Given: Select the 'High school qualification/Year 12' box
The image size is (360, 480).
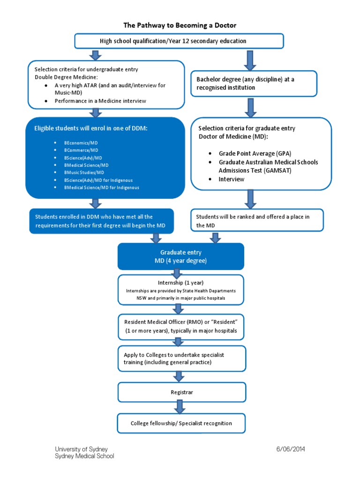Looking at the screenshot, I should pyautogui.click(x=179, y=41).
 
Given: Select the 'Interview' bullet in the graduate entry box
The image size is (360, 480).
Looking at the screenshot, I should pyautogui.click(x=232, y=179).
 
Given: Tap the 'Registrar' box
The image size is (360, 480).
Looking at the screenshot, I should pyautogui.click(x=181, y=392).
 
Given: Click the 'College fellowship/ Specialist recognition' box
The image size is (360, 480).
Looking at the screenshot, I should pyautogui.click(x=181, y=423).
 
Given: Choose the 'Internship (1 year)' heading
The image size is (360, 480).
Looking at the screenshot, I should pyautogui.click(x=181, y=283).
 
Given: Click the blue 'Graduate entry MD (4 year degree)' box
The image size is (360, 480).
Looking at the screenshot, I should pyautogui.click(x=181, y=256).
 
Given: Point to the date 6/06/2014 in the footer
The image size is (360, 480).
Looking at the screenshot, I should pyautogui.click(x=291, y=449).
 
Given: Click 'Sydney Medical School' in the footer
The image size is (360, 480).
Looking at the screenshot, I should pyautogui.click(x=84, y=456).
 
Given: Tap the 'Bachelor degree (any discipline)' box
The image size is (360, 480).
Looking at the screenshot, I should pyautogui.click(x=254, y=83).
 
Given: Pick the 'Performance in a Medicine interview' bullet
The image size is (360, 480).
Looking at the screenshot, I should pyautogui.click(x=100, y=101).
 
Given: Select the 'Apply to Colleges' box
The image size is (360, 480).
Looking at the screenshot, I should pyautogui.click(x=181, y=359).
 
